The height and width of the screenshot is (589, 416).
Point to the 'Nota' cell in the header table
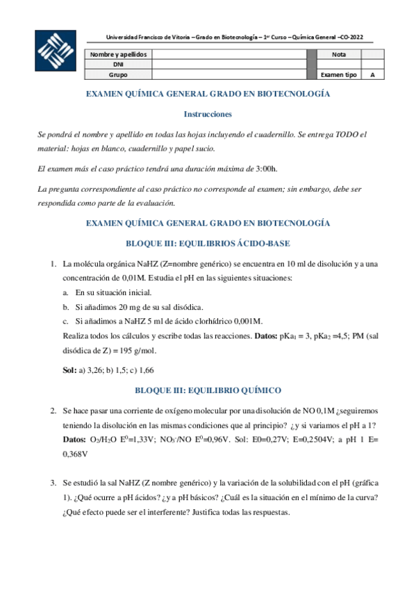339,53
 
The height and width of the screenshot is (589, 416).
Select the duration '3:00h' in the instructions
265,168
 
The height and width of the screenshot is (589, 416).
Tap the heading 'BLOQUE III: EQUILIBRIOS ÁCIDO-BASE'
208,243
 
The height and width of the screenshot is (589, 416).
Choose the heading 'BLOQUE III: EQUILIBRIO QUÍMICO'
208,390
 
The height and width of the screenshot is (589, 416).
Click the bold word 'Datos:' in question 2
74,439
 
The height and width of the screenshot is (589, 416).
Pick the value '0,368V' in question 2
76,454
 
